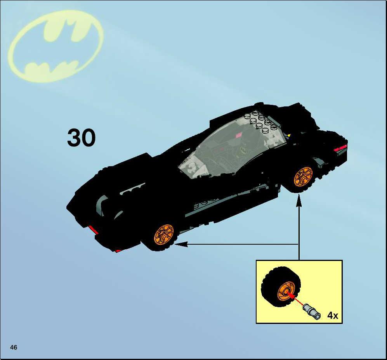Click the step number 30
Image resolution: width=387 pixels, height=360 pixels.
click(81, 137)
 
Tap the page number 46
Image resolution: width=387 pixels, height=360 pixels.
click(14, 347)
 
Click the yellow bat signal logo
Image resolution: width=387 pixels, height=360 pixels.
click(56, 46)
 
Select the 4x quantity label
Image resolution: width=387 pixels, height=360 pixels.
click(332, 315)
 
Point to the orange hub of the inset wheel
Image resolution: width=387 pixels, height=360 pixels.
click(286, 292)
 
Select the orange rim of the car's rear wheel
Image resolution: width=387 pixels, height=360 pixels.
click(303, 176)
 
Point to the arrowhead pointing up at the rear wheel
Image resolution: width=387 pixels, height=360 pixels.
click(299, 200)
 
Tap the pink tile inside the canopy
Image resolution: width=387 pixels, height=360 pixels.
click(239, 135)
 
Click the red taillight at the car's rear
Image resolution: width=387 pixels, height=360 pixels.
click(340, 148)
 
